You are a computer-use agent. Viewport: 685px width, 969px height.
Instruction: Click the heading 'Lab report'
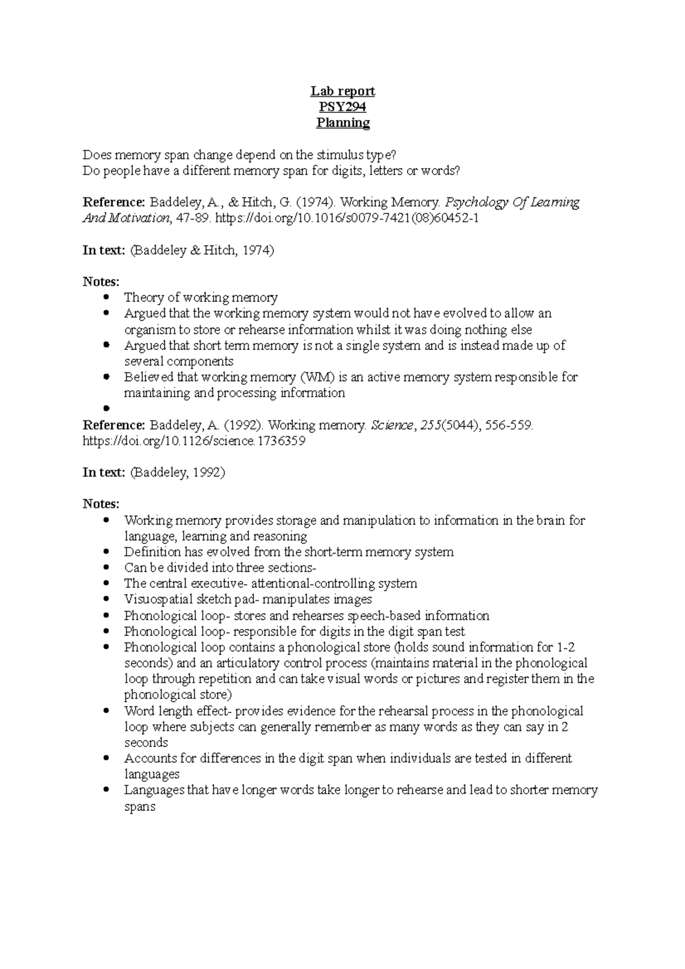[x=342, y=91]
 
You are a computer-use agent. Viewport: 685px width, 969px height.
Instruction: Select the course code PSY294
[x=342, y=107]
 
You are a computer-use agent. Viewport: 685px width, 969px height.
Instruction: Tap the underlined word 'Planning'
[x=343, y=123]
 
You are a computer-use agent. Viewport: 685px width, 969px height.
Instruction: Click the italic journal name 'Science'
[x=392, y=425]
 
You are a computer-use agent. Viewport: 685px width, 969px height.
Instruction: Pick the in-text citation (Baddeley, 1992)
[x=178, y=473]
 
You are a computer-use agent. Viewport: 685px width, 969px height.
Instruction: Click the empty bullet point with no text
[x=106, y=409]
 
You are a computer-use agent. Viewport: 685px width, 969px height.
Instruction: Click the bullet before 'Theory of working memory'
[x=106, y=297]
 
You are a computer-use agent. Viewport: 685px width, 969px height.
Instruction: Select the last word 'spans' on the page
[x=140, y=807]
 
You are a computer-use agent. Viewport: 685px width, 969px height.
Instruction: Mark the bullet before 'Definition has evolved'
[x=106, y=552]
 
